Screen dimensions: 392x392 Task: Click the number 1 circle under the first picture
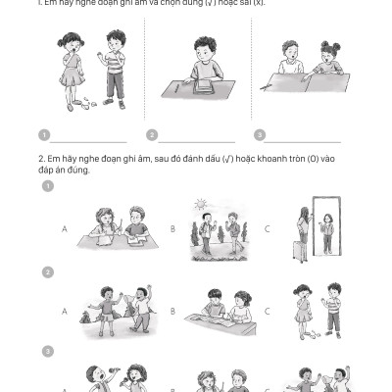pyautogui.click(x=44, y=135)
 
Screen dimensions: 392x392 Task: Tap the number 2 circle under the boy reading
pyautogui.click(x=152, y=135)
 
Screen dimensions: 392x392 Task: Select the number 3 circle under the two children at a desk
pyautogui.click(x=259, y=135)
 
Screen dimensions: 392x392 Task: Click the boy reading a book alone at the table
pyautogui.click(x=204, y=61)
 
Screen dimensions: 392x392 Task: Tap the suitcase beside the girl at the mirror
pyautogui.click(x=298, y=250)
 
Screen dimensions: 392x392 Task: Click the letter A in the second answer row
pyautogui.click(x=65, y=311)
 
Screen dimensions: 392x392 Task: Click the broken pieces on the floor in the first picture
pyautogui.click(x=89, y=100)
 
